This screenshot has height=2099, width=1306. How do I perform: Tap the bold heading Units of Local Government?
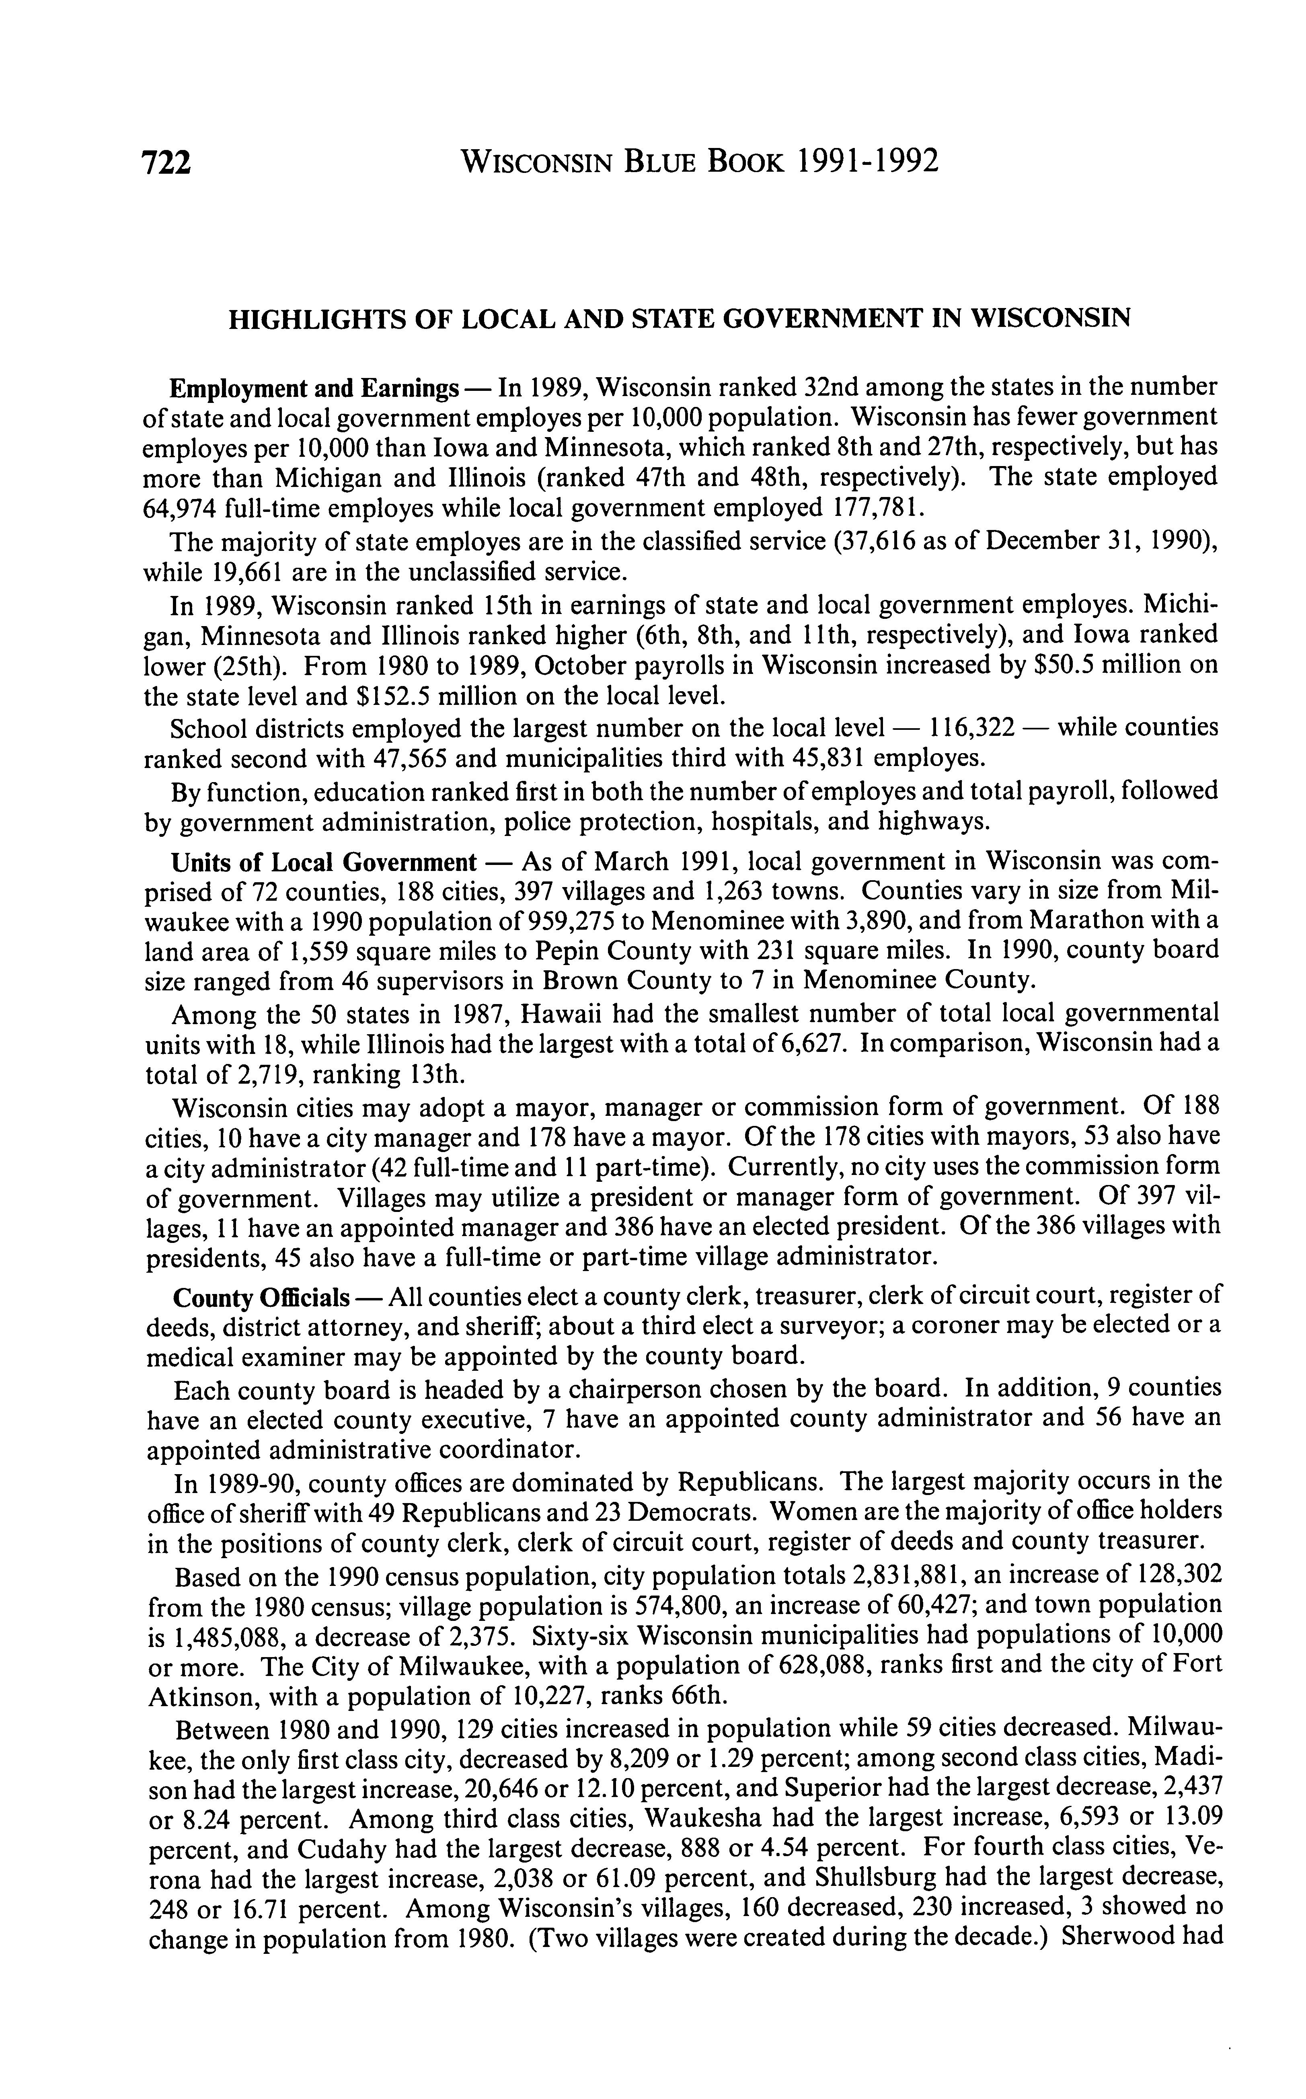pyautogui.click(x=324, y=862)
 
